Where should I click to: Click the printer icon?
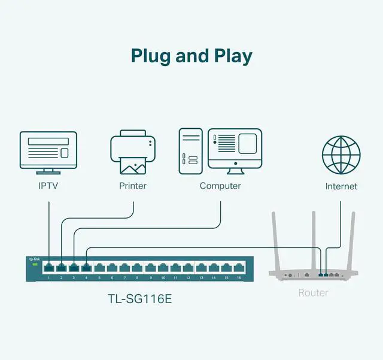[x=133, y=153]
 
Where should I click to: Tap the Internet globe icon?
[x=341, y=154]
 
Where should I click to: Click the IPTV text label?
[x=48, y=186]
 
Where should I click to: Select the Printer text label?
[x=133, y=186]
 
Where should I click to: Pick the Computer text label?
[x=220, y=186]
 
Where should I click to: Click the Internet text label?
[x=341, y=186]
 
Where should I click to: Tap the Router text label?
[x=313, y=293]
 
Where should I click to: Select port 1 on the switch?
[x=49, y=268]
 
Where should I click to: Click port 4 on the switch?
[x=87, y=268]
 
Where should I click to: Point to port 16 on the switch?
[x=238, y=268]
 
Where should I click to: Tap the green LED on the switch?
[x=34, y=265]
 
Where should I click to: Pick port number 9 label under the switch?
[x=150, y=279]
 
